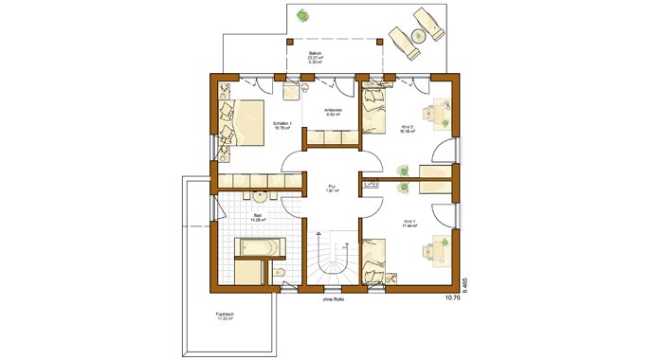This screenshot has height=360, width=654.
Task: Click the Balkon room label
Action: click(315, 54)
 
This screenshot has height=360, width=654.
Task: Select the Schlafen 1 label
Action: click(282, 124)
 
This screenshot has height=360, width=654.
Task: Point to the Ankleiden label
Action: click(332, 112)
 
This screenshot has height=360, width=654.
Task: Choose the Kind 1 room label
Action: click(409, 224)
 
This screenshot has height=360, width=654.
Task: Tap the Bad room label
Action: click(258, 215)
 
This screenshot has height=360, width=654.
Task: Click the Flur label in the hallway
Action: click(333, 186)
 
